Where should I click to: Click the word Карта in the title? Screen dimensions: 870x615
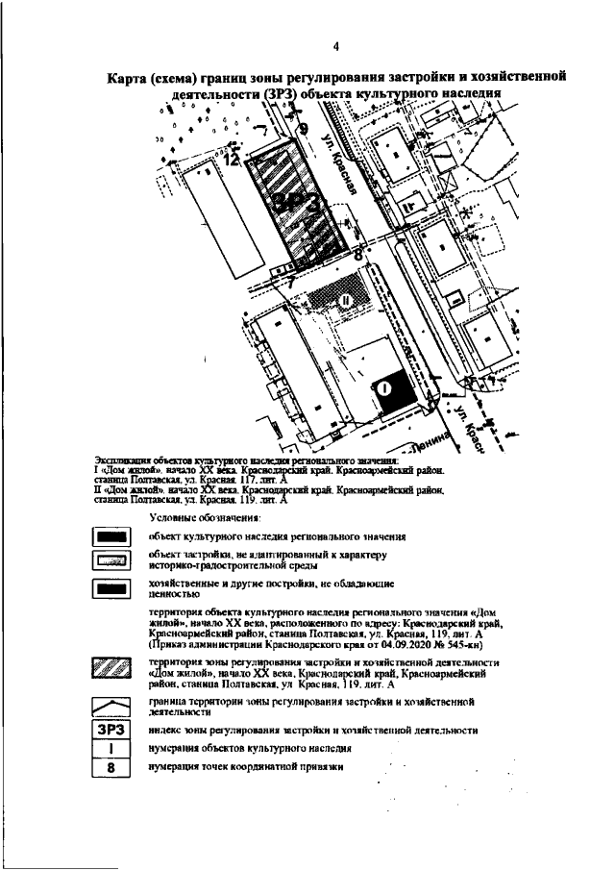pyautogui.click(x=134, y=78)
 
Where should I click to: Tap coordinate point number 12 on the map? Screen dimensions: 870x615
pyautogui.click(x=231, y=161)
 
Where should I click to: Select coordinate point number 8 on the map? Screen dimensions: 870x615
pyautogui.click(x=358, y=256)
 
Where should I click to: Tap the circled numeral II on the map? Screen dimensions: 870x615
pyautogui.click(x=345, y=301)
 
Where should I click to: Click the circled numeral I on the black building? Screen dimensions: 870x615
pyautogui.click(x=383, y=388)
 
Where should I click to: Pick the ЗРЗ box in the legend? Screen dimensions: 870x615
pyautogui.click(x=111, y=730)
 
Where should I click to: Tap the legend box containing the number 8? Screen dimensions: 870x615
pyautogui.click(x=111, y=766)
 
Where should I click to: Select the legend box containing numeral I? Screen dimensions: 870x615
pyautogui.click(x=111, y=748)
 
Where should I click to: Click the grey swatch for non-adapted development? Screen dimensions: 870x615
pyautogui.click(x=111, y=561)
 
